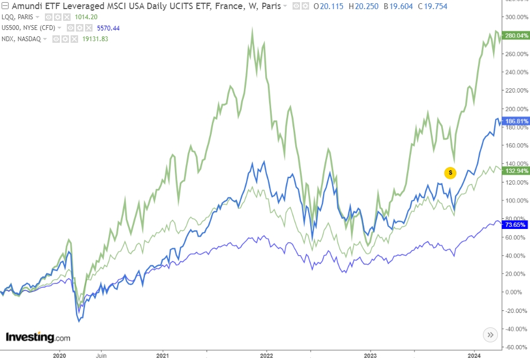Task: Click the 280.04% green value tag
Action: coord(517,35)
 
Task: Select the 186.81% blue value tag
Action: coord(517,121)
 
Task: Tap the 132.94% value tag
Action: coord(517,171)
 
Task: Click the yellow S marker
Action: coord(450,172)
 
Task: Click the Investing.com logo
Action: coord(38,338)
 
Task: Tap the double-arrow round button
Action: coord(490,335)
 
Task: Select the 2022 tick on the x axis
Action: coord(266,355)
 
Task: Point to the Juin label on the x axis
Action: coord(101,355)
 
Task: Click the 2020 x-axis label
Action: coord(59,355)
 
